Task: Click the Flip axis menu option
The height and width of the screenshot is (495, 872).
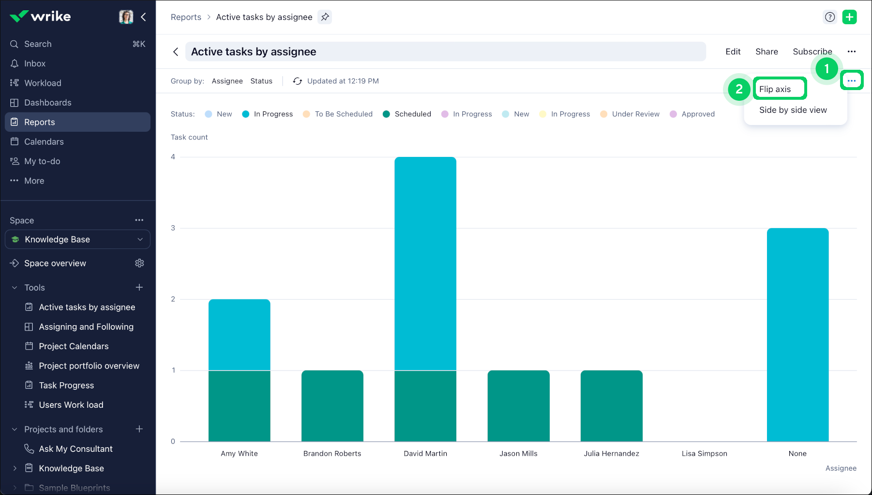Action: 775,89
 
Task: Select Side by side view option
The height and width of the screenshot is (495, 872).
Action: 793,110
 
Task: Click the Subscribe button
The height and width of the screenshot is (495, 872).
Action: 812,51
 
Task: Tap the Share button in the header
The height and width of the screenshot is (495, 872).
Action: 767,51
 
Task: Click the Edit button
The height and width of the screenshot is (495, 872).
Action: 733,51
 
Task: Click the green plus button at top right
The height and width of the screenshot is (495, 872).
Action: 849,17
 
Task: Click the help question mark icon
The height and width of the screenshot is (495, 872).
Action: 830,17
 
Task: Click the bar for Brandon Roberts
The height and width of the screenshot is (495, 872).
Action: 332,406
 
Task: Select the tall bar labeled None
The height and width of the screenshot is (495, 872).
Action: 797,334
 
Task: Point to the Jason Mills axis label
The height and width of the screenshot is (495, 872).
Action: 518,453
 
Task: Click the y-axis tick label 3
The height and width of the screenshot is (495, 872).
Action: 173,228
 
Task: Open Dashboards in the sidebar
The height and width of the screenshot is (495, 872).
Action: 47,103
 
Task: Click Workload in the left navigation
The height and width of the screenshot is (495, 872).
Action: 43,83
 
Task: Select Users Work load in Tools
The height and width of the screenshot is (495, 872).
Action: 71,405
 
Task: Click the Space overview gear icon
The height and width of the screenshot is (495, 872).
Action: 139,263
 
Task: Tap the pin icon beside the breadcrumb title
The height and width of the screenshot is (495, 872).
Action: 325,17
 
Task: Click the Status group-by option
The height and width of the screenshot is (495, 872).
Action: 261,81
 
